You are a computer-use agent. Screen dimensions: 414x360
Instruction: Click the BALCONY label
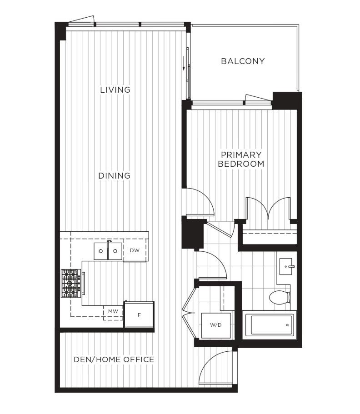coord(243,61)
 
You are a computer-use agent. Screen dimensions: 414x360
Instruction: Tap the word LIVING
coord(115,90)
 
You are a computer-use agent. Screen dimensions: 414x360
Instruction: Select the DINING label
coord(115,176)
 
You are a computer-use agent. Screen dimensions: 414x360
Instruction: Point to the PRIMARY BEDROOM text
coord(241,160)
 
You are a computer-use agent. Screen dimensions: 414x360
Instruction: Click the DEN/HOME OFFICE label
coord(114,359)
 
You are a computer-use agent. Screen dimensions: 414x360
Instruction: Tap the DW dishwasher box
coord(135,250)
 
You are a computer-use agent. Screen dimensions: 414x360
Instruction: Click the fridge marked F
coord(139,314)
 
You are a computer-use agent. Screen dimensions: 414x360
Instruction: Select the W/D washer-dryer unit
coord(215,325)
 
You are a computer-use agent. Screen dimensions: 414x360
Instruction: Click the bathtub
coord(269,325)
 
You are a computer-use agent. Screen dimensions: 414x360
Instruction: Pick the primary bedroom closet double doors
coord(268,209)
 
